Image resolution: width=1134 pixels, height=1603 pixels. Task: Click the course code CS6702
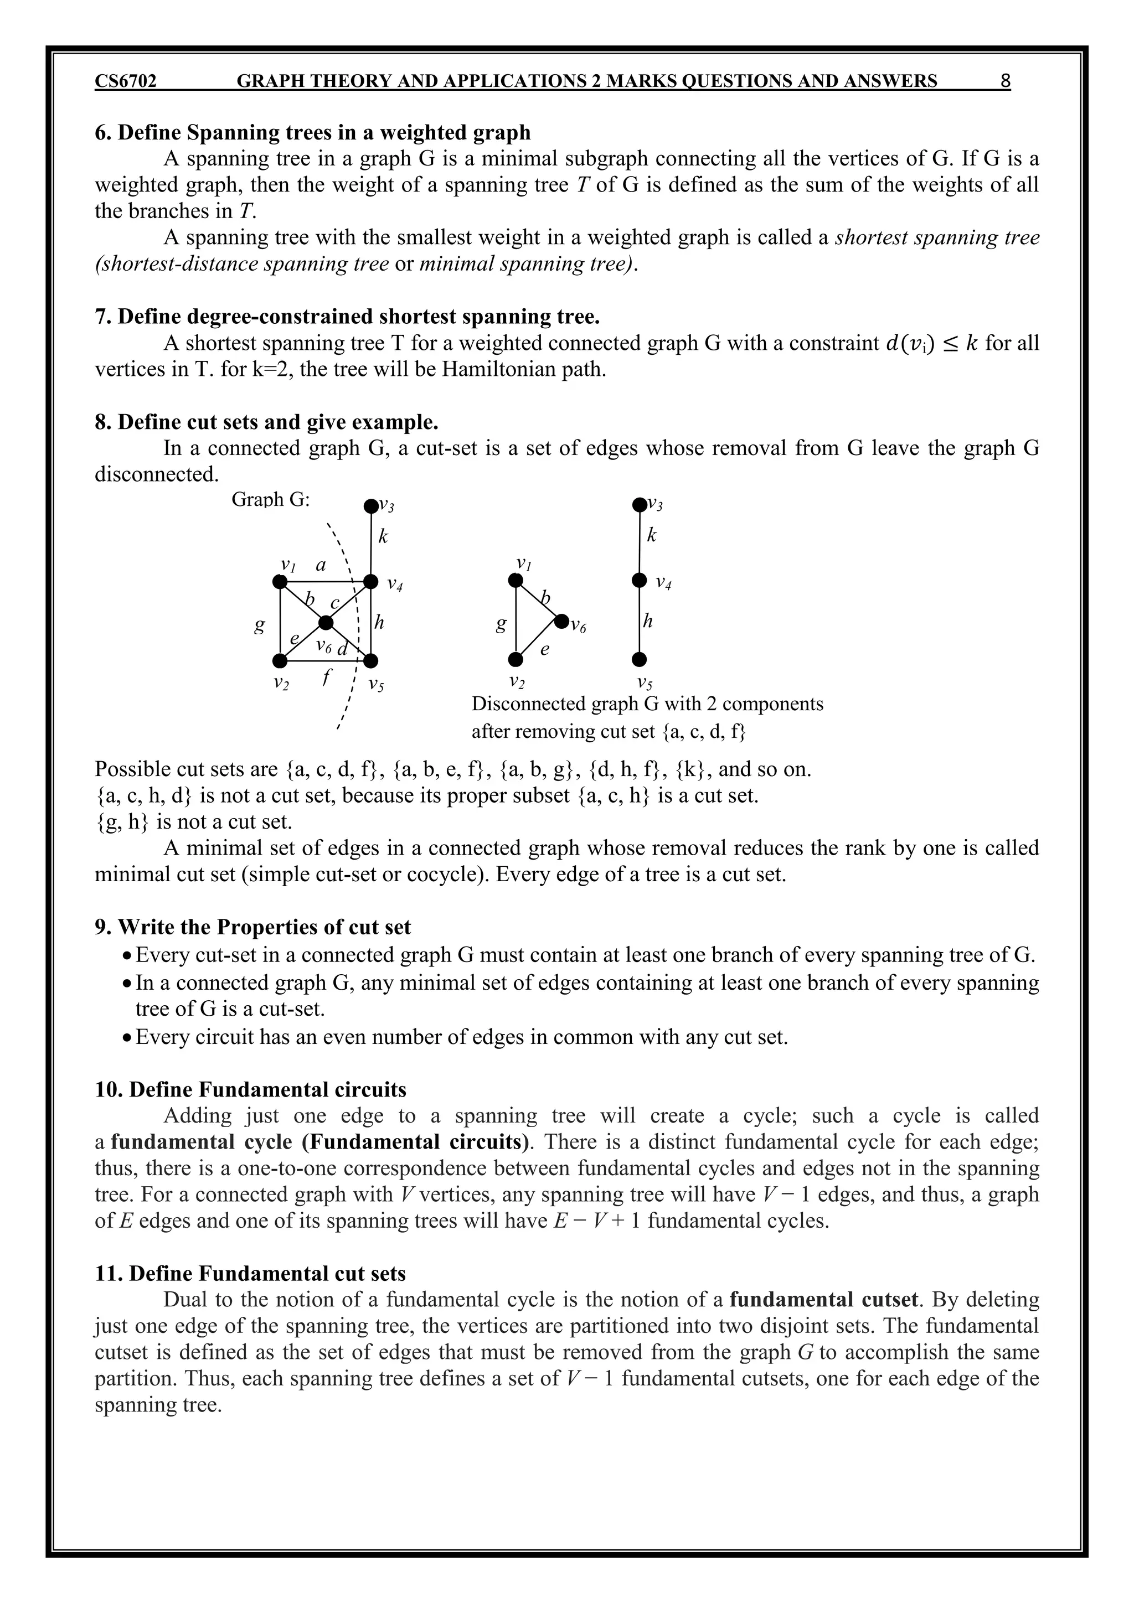coord(126,82)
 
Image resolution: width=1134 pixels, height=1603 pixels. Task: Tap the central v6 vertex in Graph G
coord(326,622)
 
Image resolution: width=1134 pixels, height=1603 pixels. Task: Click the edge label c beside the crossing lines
coord(335,602)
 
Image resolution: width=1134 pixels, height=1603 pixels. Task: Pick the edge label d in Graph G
coord(342,649)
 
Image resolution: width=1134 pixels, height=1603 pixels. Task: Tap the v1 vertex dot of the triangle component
coord(516,580)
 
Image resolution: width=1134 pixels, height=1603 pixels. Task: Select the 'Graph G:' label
coord(270,500)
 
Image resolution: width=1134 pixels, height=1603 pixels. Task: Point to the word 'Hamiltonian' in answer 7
coord(496,369)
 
